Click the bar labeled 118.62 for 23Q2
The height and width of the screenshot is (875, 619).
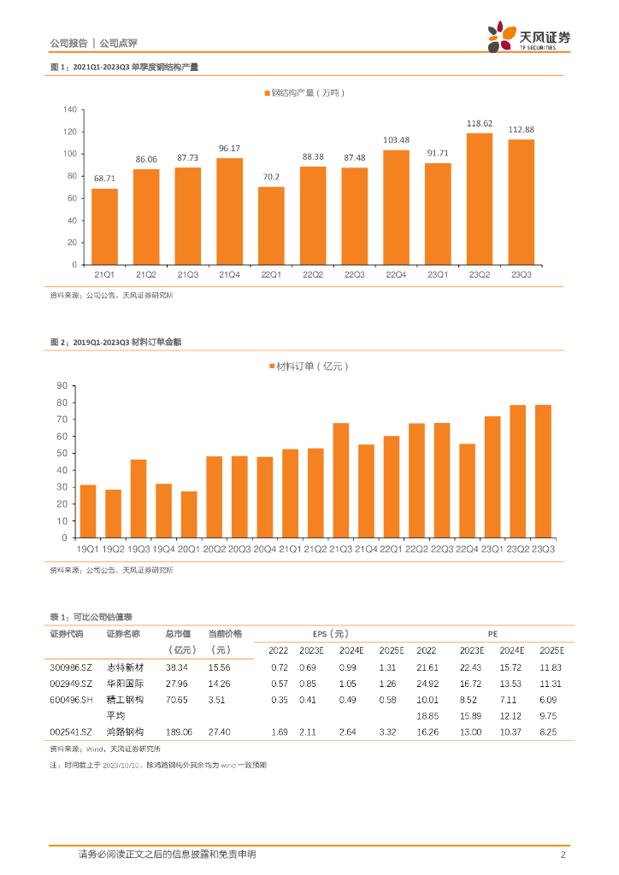(x=480, y=199)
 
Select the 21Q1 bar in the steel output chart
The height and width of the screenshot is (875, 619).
(x=104, y=226)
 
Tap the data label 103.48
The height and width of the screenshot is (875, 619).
(x=396, y=140)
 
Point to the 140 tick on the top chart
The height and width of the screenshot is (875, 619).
(x=69, y=110)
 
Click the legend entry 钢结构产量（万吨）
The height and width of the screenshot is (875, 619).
(x=309, y=91)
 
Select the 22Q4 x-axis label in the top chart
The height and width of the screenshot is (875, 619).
(x=396, y=274)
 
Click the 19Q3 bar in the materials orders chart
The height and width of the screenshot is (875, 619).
(x=139, y=498)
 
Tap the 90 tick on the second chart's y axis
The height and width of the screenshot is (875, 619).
(x=62, y=385)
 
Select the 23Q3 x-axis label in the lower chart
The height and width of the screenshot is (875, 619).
(x=543, y=548)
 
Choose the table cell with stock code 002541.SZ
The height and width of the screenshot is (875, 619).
(x=68, y=731)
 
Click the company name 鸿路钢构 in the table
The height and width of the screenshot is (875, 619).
(x=124, y=731)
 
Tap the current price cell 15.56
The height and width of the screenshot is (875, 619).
(x=219, y=667)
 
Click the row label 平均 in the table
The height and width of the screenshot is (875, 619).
(x=115, y=715)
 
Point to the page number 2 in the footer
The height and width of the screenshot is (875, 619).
(x=563, y=854)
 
